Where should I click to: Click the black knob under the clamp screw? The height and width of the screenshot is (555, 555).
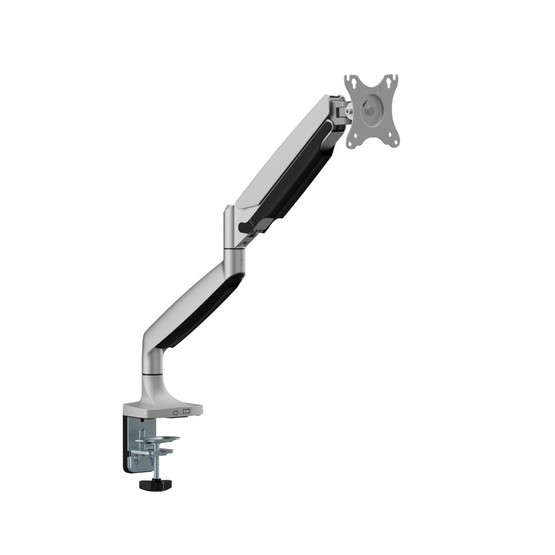point(156,484)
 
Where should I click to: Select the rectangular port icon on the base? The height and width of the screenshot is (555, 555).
point(187,411)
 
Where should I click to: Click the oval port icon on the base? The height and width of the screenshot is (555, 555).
point(176,412)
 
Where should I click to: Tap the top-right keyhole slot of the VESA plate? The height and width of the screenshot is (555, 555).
point(393,79)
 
